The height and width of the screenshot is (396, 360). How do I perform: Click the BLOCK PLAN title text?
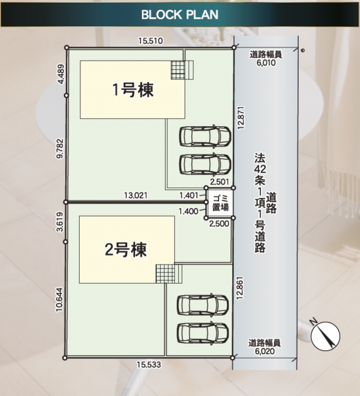[179, 15]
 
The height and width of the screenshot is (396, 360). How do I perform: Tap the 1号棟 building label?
[133, 90]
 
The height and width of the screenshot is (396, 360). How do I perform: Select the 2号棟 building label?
[126, 249]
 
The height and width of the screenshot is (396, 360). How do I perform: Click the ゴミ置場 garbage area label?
[220, 203]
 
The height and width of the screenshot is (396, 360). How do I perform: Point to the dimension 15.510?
[150, 41]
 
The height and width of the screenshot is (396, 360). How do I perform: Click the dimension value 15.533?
[149, 365]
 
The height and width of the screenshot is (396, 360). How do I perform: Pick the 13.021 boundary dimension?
[136, 195]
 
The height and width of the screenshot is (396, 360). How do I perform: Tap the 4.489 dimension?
[61, 74]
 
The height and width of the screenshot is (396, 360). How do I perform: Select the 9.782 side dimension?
[60, 148]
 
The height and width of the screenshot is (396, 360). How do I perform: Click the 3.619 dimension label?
[60, 222]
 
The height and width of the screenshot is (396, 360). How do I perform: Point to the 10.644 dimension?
[59, 300]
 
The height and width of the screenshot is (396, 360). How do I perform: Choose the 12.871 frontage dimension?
[241, 117]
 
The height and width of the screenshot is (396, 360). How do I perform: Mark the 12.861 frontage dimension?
[239, 288]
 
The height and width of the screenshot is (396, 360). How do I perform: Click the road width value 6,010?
[266, 63]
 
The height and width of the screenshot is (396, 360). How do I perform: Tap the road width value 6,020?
[264, 351]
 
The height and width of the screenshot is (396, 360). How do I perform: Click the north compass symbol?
[325, 336]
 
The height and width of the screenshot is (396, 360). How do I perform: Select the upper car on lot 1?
[205, 136]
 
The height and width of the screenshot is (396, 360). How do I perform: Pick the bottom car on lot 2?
[203, 332]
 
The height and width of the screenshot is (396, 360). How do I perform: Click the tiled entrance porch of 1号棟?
[182, 70]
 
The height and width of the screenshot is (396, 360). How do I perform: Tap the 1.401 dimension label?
[189, 195]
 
